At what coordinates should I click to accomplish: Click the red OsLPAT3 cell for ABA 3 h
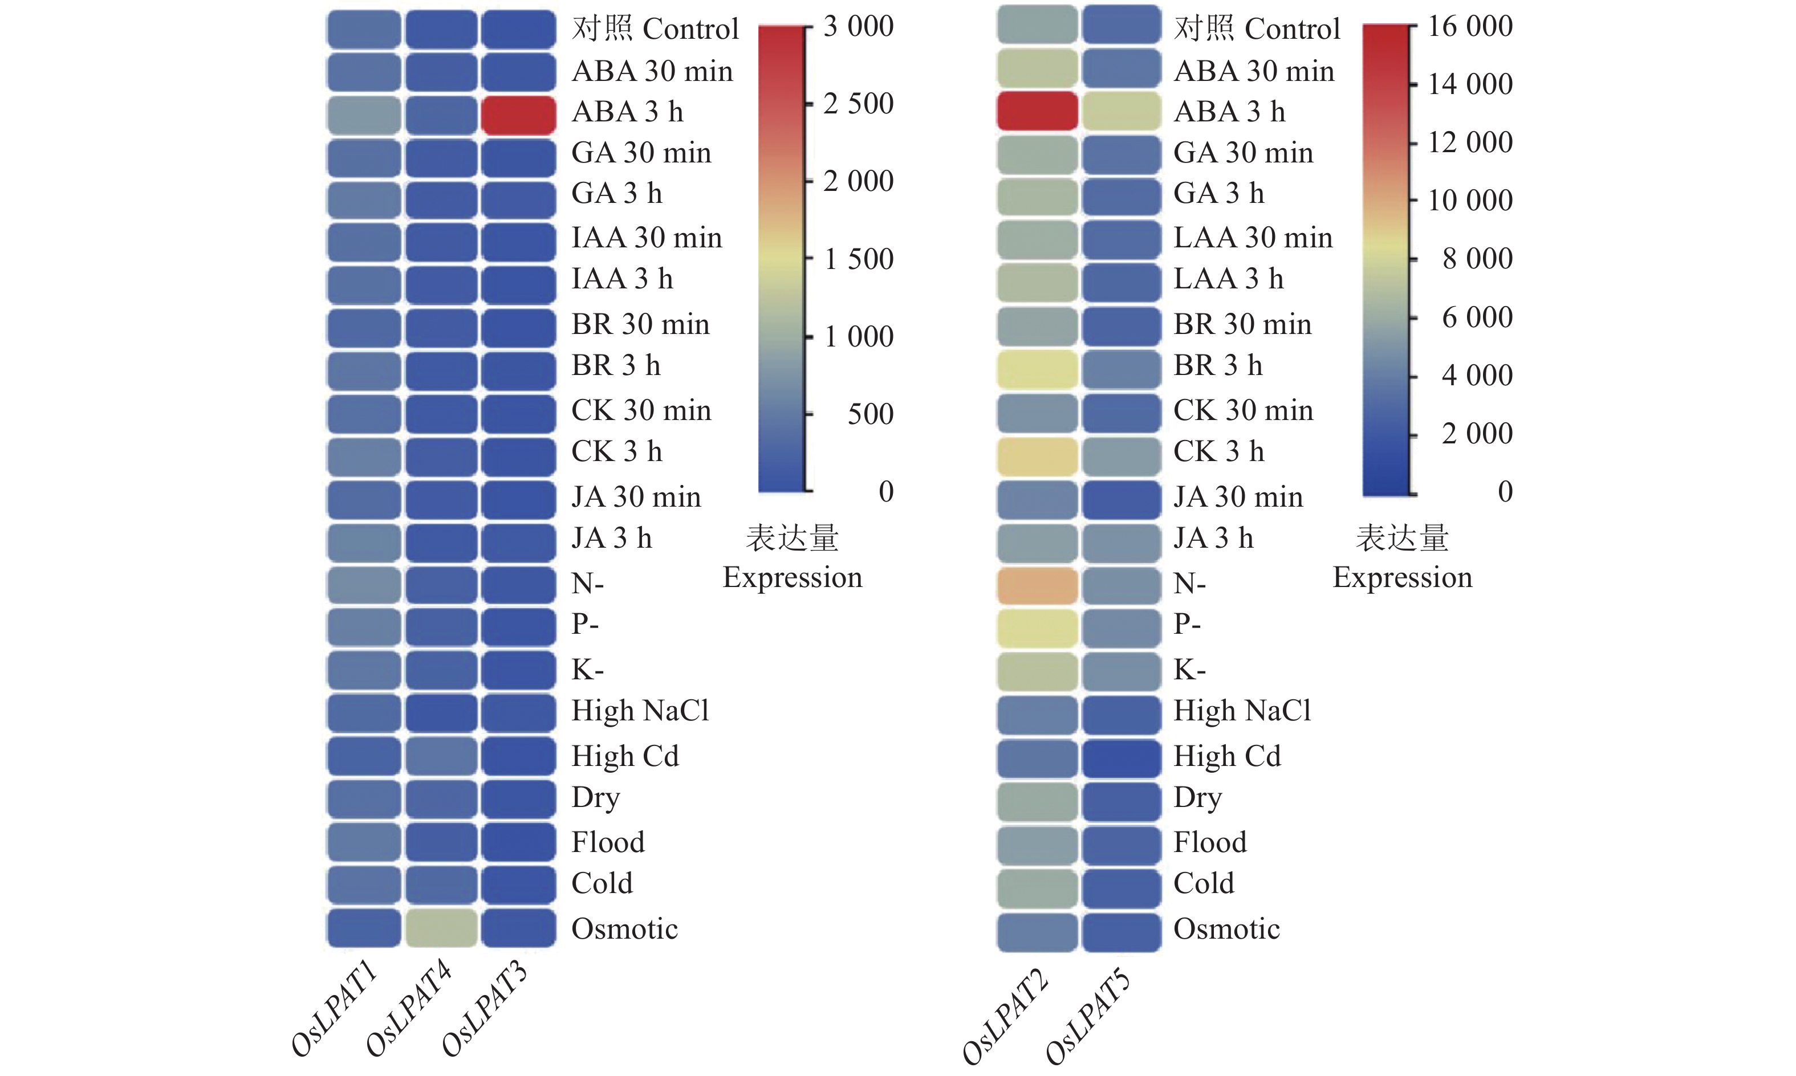[x=518, y=115]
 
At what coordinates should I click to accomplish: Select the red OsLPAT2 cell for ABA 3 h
[x=1037, y=111]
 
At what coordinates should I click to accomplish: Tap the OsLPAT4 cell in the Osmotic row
[x=441, y=927]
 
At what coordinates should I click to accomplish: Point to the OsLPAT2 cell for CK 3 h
[x=1037, y=456]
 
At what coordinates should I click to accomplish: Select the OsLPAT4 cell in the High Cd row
[x=441, y=756]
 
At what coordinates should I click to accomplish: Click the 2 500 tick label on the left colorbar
[x=858, y=104]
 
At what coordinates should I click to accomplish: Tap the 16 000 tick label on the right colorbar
[x=1470, y=26]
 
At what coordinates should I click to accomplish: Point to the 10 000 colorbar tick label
[x=1470, y=200]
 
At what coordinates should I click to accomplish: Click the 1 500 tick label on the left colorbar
[x=858, y=259]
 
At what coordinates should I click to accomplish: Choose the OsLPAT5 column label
[x=1087, y=1017]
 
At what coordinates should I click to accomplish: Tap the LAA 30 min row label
[x=1253, y=237]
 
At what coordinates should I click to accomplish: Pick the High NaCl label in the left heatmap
[x=640, y=711]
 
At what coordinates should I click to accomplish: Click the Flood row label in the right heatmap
[x=1210, y=842]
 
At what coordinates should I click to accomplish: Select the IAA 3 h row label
[x=621, y=279]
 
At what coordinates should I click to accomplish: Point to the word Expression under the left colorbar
[x=792, y=577]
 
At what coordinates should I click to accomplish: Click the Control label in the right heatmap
[x=1292, y=29]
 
